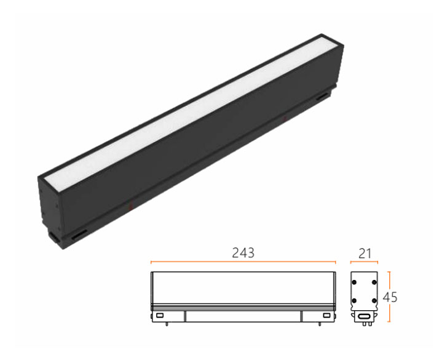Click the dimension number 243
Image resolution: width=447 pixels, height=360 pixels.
pyautogui.click(x=243, y=253)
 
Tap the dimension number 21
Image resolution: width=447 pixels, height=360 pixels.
pyautogui.click(x=365, y=254)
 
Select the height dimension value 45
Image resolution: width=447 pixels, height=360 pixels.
pyautogui.click(x=390, y=297)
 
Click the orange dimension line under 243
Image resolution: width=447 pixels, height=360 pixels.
pyautogui.click(x=243, y=262)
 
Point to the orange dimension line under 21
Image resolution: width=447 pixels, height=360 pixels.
pyautogui.click(x=365, y=262)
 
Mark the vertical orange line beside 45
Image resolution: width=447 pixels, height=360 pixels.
pyautogui.click(x=389, y=297)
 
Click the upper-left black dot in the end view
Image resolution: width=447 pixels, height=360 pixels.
pyautogui.click(x=354, y=282)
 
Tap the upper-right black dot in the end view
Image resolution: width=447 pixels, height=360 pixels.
pyautogui.click(x=374, y=282)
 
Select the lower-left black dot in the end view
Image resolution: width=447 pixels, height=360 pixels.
pyautogui.click(x=354, y=301)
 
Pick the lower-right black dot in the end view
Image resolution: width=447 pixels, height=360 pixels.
pyautogui.click(x=374, y=301)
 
